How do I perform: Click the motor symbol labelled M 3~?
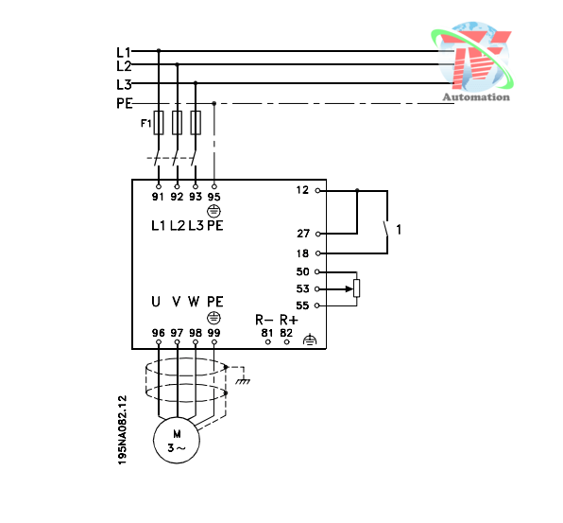(x=177, y=441)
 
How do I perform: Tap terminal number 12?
(x=302, y=190)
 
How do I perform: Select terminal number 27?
(x=302, y=233)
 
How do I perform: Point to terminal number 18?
(x=302, y=253)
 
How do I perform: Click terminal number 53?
(x=302, y=288)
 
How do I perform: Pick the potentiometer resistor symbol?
(x=356, y=288)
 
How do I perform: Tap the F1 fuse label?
(x=145, y=123)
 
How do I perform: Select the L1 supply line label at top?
(x=123, y=51)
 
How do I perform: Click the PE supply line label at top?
(x=124, y=103)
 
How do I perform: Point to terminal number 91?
(x=158, y=197)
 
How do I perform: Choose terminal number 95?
(x=214, y=197)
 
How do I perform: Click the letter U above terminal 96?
(x=157, y=302)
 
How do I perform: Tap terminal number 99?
(x=214, y=333)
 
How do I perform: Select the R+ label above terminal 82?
(x=288, y=320)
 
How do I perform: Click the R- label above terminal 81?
(x=264, y=320)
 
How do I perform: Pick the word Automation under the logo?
(x=476, y=96)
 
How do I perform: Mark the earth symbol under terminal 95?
(x=213, y=211)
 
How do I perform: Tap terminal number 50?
(x=302, y=271)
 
